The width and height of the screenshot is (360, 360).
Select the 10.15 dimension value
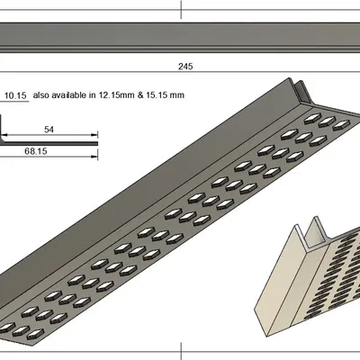[x=16, y=94]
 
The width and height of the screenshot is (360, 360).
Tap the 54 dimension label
[x=49, y=130]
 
